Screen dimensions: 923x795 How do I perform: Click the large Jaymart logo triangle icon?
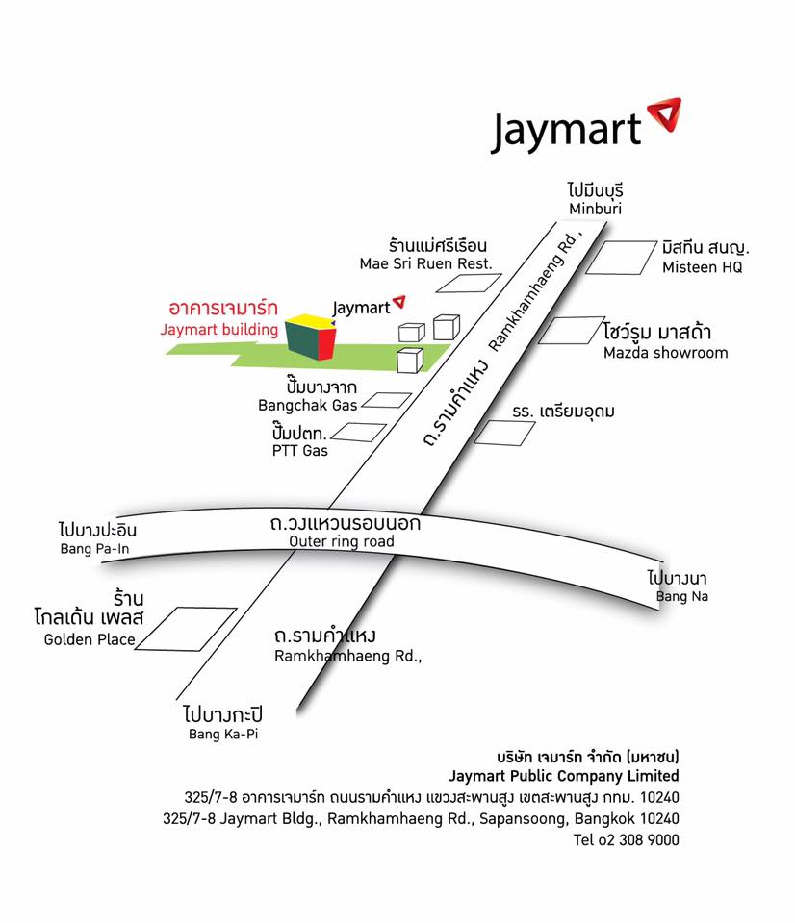point(663,114)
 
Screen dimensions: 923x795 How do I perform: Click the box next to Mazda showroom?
point(571,330)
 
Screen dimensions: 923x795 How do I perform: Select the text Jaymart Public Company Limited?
point(563,776)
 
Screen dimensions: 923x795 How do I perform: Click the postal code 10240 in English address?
point(658,819)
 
